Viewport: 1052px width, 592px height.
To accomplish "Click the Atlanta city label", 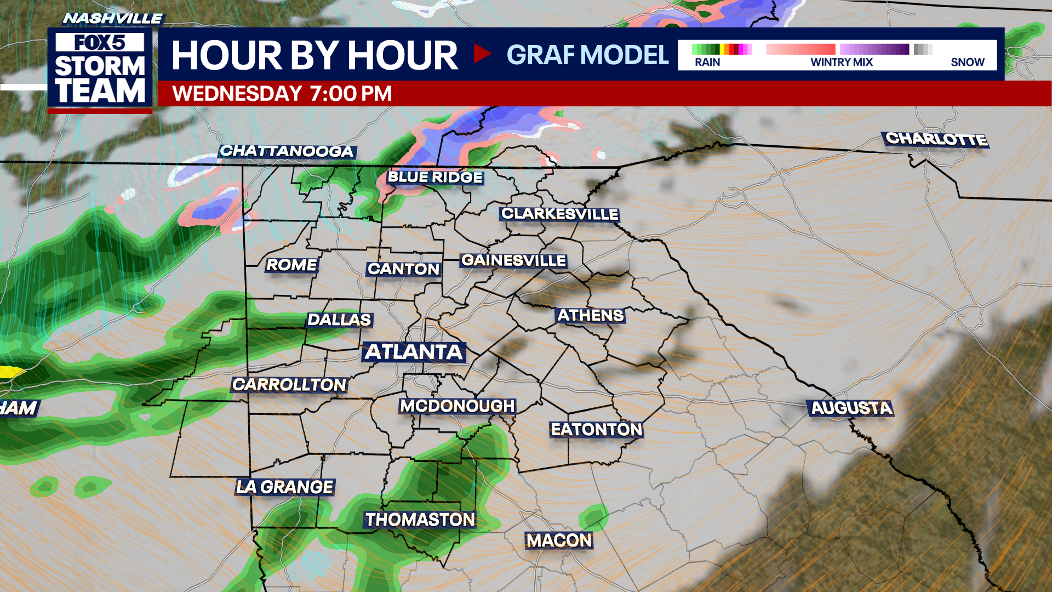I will pyautogui.click(x=414, y=352).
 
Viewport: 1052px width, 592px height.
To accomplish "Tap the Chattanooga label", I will pyautogui.click(x=287, y=151).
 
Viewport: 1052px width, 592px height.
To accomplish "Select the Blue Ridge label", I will pyautogui.click(x=435, y=177).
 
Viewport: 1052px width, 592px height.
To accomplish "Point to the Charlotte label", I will pyautogui.click(x=936, y=139).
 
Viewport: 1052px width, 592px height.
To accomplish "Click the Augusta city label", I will pyautogui.click(x=851, y=408).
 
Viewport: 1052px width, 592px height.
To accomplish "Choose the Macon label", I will pyautogui.click(x=559, y=540).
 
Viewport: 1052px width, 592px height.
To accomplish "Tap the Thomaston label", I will pyautogui.click(x=420, y=520).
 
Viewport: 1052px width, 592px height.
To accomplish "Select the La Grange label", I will pyautogui.click(x=285, y=487).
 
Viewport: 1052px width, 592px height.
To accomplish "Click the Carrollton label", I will pyautogui.click(x=289, y=385).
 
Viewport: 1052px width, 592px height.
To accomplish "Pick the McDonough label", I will pyautogui.click(x=458, y=406).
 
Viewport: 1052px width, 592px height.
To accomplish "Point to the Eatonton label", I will pyautogui.click(x=596, y=429).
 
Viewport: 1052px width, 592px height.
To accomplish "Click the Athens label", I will pyautogui.click(x=591, y=316).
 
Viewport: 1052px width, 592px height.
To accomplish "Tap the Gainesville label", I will pyautogui.click(x=513, y=260).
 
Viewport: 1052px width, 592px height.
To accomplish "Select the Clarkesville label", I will pyautogui.click(x=559, y=214).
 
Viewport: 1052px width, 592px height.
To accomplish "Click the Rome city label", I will pyautogui.click(x=291, y=265).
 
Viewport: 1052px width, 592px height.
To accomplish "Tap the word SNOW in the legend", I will pyautogui.click(x=968, y=62).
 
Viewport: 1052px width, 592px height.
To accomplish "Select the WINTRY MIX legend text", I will pyautogui.click(x=842, y=62).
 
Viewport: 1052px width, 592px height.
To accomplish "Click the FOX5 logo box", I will pyautogui.click(x=100, y=42).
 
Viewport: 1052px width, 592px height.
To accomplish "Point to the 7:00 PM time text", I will pyautogui.click(x=351, y=94).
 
